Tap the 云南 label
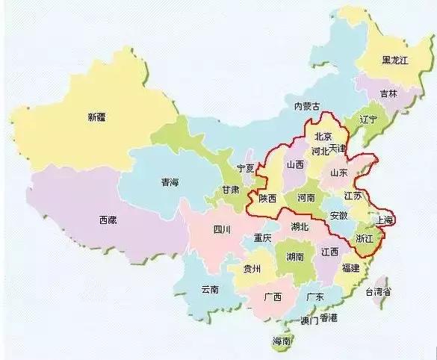[x=209, y=289]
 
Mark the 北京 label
[x=322, y=137]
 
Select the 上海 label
[x=385, y=220]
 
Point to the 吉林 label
[x=388, y=94]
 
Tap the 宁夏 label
[x=245, y=168]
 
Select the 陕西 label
[x=267, y=199]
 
